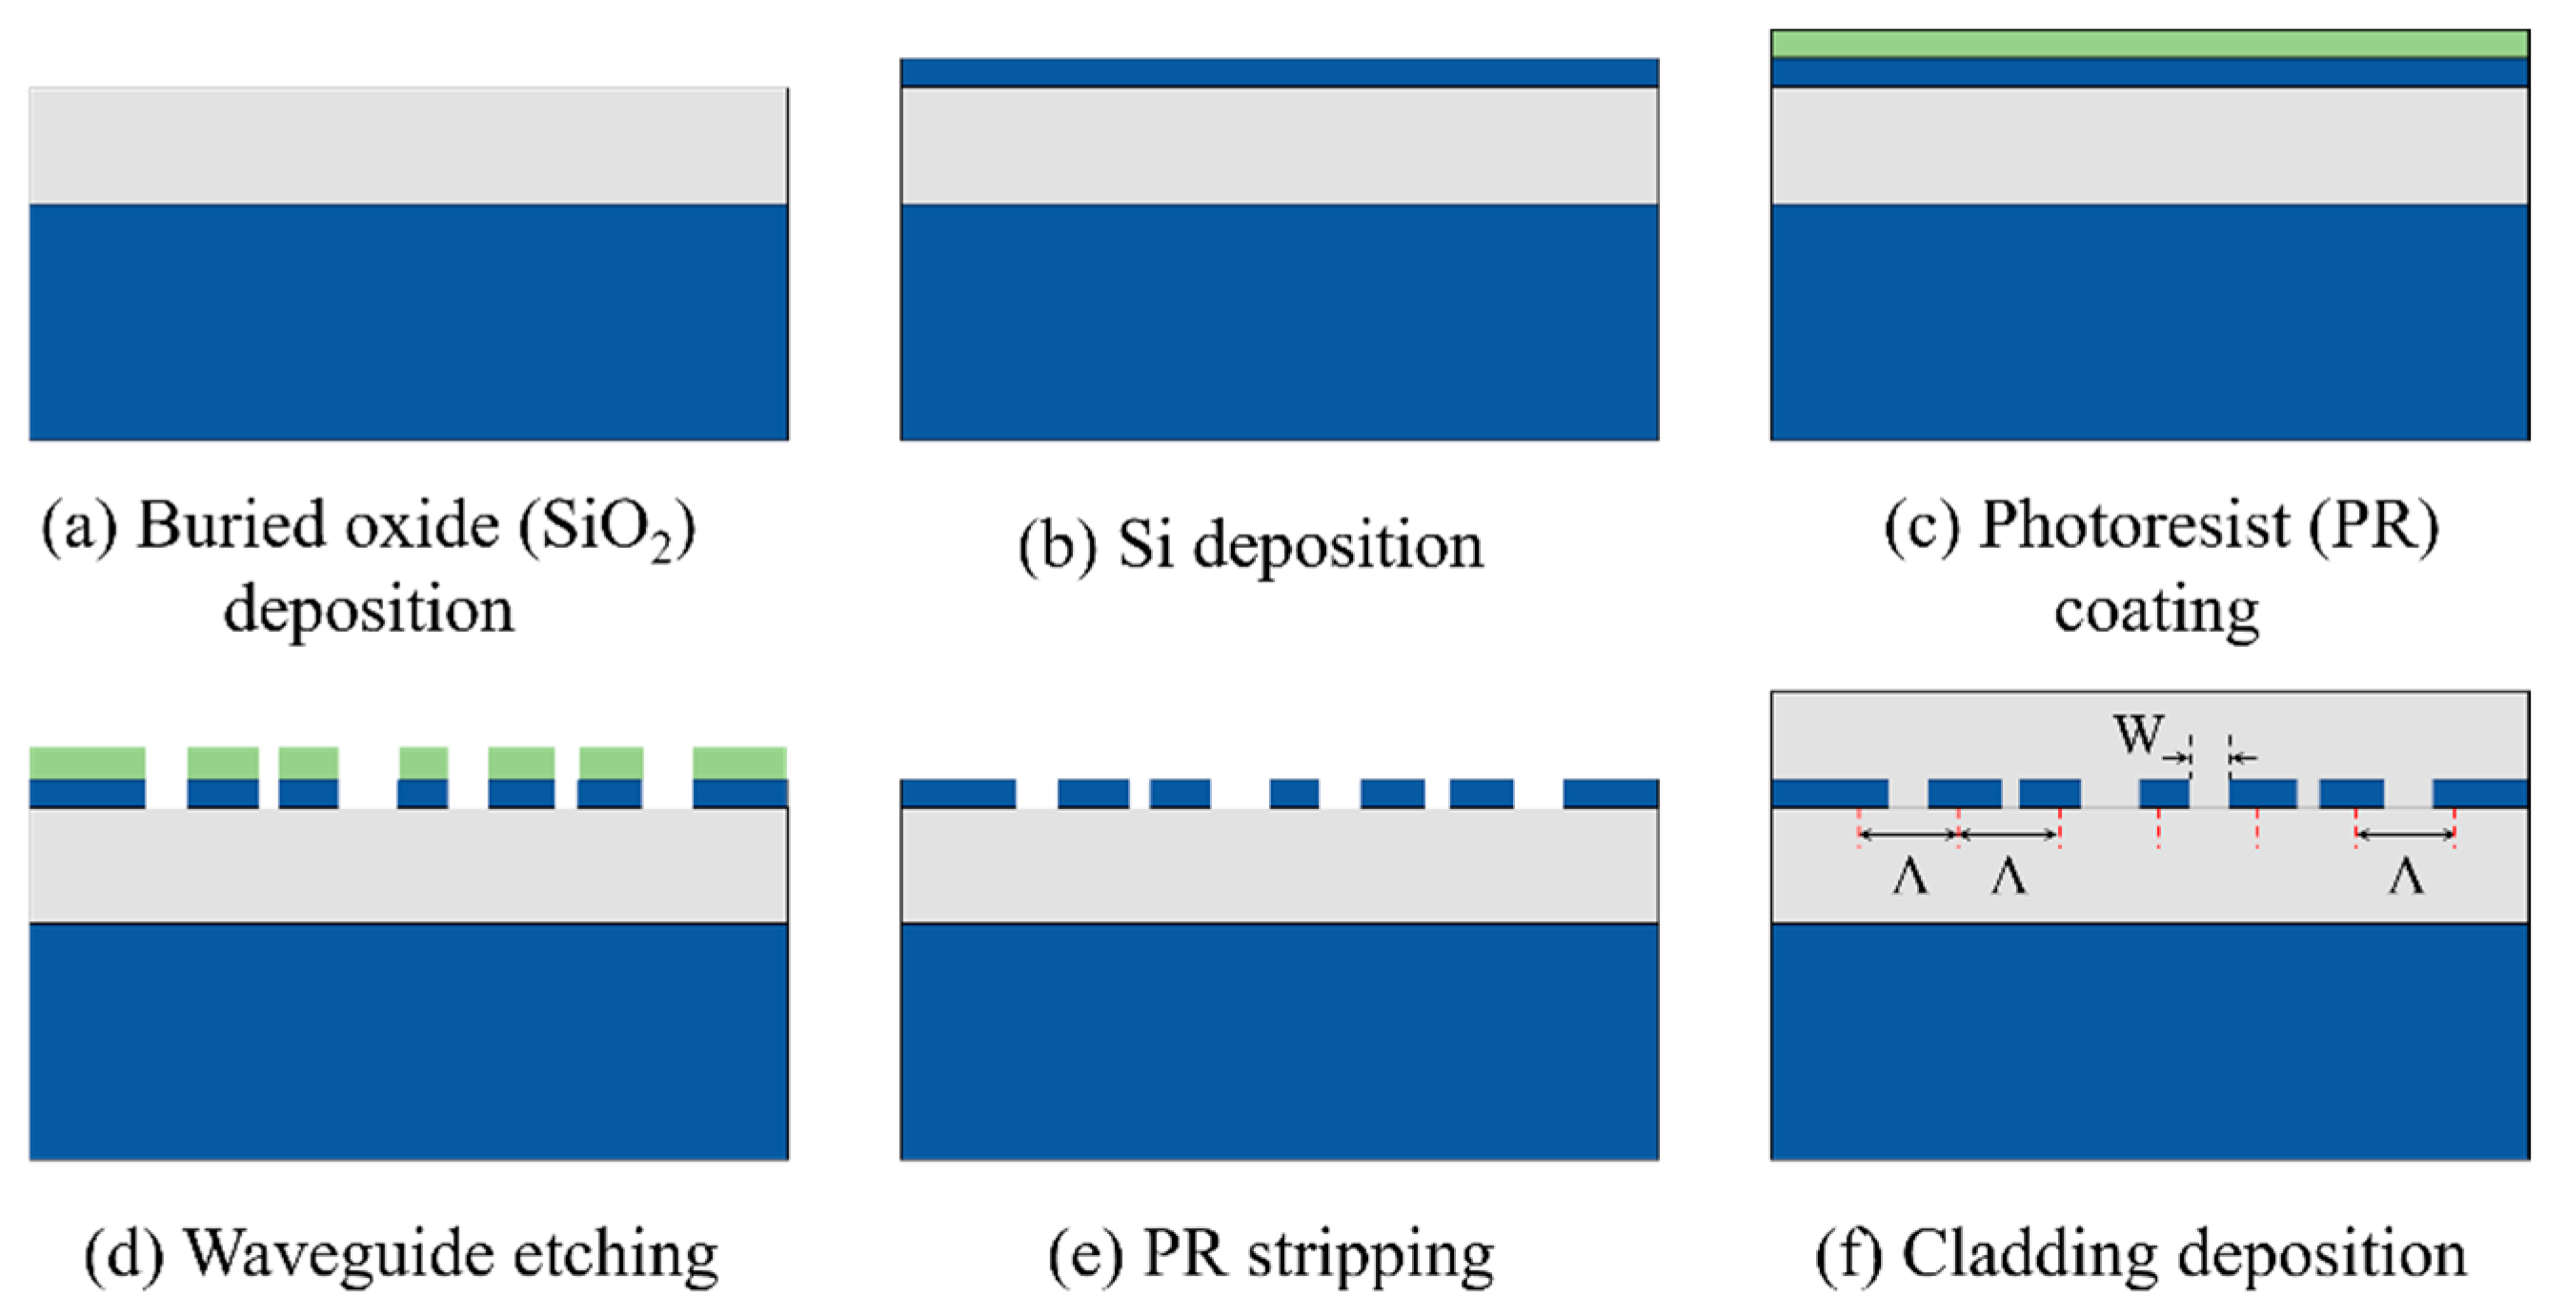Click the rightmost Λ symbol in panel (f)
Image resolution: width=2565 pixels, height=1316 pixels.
click(x=2406, y=878)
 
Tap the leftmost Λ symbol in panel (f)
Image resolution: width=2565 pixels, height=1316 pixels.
click(x=1909, y=878)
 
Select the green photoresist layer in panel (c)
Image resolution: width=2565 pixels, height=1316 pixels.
click(x=2149, y=44)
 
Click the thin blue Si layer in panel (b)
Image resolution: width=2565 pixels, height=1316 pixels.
click(x=1279, y=72)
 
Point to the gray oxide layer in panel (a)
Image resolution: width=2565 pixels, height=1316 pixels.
click(x=408, y=147)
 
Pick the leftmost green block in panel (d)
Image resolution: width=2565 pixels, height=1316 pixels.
click(x=88, y=762)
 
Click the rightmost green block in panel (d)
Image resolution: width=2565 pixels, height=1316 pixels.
click(x=739, y=762)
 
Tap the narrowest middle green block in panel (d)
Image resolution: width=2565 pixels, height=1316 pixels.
click(x=423, y=762)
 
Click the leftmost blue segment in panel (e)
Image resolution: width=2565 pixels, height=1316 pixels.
click(x=958, y=793)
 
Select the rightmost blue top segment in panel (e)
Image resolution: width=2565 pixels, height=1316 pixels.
click(x=1610, y=793)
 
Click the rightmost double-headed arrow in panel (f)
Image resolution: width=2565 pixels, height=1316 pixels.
click(x=2405, y=834)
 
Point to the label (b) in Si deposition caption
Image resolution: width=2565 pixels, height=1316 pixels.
click(x=1058, y=547)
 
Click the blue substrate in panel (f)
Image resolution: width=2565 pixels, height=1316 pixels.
click(x=2149, y=1041)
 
